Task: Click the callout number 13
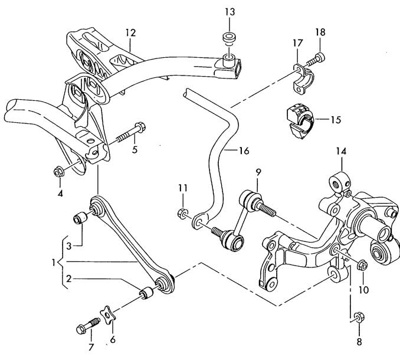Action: click(229, 12)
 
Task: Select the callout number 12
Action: click(130, 33)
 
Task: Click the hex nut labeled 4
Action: click(59, 172)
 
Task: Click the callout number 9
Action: click(258, 173)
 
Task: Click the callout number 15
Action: click(335, 119)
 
